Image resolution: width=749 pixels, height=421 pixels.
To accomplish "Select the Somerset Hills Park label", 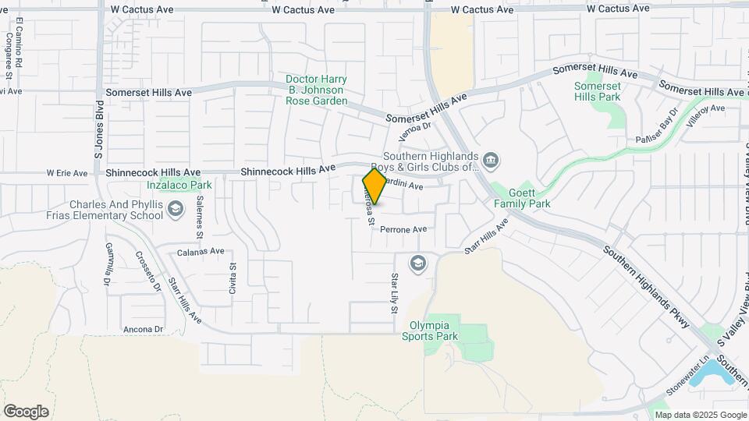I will (x=597, y=91).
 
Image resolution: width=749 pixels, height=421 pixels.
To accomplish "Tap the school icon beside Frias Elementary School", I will (x=176, y=210).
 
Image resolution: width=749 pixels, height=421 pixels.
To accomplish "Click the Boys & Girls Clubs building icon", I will (x=491, y=161).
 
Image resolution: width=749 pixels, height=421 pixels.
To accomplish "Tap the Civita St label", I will (x=233, y=276).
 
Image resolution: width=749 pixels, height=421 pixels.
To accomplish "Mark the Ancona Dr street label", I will (x=143, y=329).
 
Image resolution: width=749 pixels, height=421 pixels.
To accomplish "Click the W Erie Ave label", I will (x=67, y=173).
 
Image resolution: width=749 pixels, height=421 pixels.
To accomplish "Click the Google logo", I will (x=26, y=411).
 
